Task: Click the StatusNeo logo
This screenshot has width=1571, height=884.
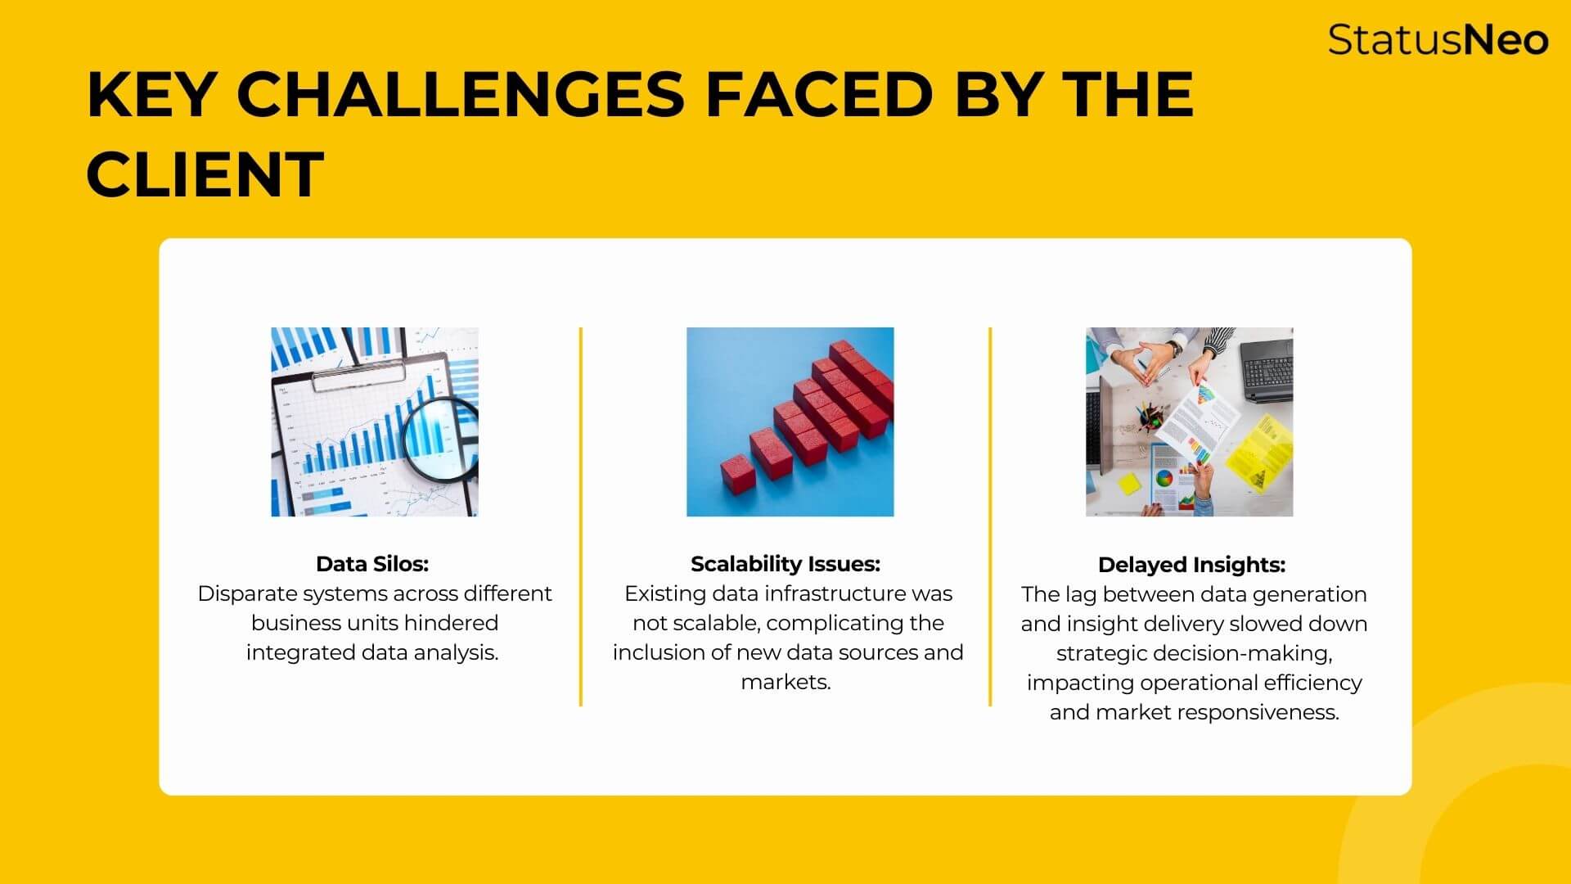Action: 1438,39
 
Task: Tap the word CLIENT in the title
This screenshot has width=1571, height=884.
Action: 205,174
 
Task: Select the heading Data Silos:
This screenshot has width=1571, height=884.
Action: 372,564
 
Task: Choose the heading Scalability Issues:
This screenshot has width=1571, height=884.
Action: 785,564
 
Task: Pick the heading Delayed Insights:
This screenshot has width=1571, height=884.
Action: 1191,565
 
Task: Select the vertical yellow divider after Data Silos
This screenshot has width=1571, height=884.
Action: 581,516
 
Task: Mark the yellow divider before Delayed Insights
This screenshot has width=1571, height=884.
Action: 990,516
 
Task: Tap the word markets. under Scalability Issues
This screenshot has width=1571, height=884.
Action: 785,682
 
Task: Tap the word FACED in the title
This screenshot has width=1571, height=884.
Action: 819,94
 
